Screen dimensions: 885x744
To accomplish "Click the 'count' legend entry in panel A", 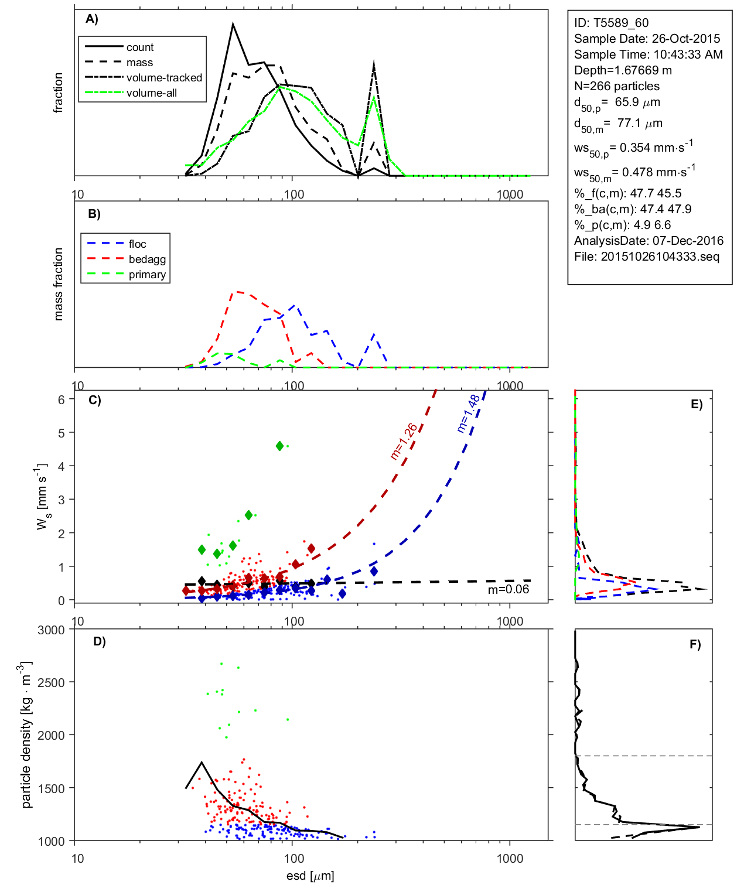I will (x=139, y=47).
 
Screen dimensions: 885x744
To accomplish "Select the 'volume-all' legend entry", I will (x=151, y=93).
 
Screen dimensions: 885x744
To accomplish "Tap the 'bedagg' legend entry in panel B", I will (x=147, y=259).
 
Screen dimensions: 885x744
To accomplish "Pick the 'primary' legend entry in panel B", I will (x=147, y=275).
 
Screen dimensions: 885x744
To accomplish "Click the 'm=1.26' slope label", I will (x=404, y=441).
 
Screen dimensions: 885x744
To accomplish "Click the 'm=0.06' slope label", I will (x=508, y=590).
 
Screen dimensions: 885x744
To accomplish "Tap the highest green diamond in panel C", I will (x=280, y=446).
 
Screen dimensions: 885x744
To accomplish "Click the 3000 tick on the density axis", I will (x=51, y=630).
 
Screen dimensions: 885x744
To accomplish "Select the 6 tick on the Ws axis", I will (x=62, y=399).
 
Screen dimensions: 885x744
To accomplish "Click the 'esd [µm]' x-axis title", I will (x=310, y=876).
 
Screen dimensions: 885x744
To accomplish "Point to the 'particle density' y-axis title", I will (x=26, y=735).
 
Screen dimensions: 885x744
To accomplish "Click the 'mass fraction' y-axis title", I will (x=58, y=284).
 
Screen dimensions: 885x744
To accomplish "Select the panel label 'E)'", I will (x=696, y=404).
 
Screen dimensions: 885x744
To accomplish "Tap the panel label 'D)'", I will (x=100, y=641).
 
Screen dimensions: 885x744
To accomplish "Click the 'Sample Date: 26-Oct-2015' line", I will (x=647, y=39).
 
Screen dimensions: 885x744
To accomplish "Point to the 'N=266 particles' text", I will (x=616, y=86).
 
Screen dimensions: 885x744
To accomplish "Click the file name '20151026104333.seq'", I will (x=660, y=257).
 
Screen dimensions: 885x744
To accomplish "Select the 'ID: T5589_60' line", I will (x=611, y=23).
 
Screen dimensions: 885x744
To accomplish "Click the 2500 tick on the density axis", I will (x=51, y=683).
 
